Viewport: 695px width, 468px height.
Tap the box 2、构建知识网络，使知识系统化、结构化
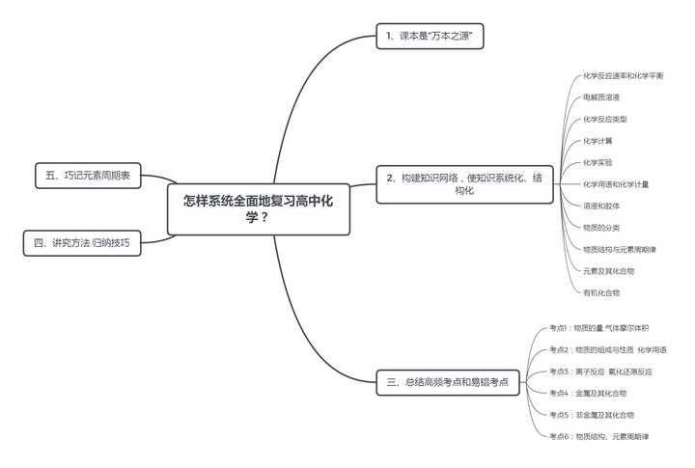tap(464, 184)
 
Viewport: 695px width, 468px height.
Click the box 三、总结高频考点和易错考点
tap(447, 382)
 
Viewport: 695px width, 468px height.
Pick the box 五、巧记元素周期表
tap(88, 176)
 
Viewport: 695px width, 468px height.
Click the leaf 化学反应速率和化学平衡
tap(623, 75)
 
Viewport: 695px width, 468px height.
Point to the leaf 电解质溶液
tap(601, 97)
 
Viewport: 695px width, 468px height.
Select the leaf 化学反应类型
tap(605, 119)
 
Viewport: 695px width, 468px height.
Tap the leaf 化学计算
tap(598, 141)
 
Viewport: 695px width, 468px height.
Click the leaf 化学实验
tap(598, 162)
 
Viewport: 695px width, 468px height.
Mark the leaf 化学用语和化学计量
tap(615, 184)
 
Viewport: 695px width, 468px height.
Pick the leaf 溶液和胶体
tap(601, 206)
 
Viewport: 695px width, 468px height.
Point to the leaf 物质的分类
tap(601, 228)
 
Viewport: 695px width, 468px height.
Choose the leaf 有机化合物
tap(601, 292)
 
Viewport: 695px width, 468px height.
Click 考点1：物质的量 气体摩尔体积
tap(598, 328)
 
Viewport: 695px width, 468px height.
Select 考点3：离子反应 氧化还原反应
tap(600, 372)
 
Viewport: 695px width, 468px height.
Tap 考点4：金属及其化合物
tap(588, 393)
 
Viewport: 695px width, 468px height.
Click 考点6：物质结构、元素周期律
tap(598, 436)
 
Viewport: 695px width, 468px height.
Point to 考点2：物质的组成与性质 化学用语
tap(608, 349)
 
